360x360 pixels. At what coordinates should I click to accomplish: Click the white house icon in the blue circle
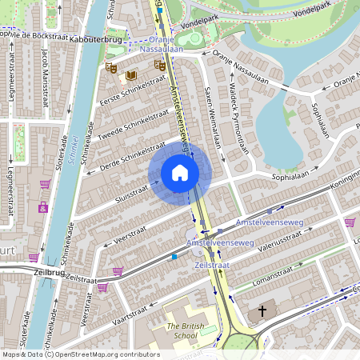pyautogui.click(x=180, y=173)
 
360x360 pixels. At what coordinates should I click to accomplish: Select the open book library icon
pyautogui.click(x=131, y=75)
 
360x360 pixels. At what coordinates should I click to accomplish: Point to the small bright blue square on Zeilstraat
pyautogui.click(x=174, y=257)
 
